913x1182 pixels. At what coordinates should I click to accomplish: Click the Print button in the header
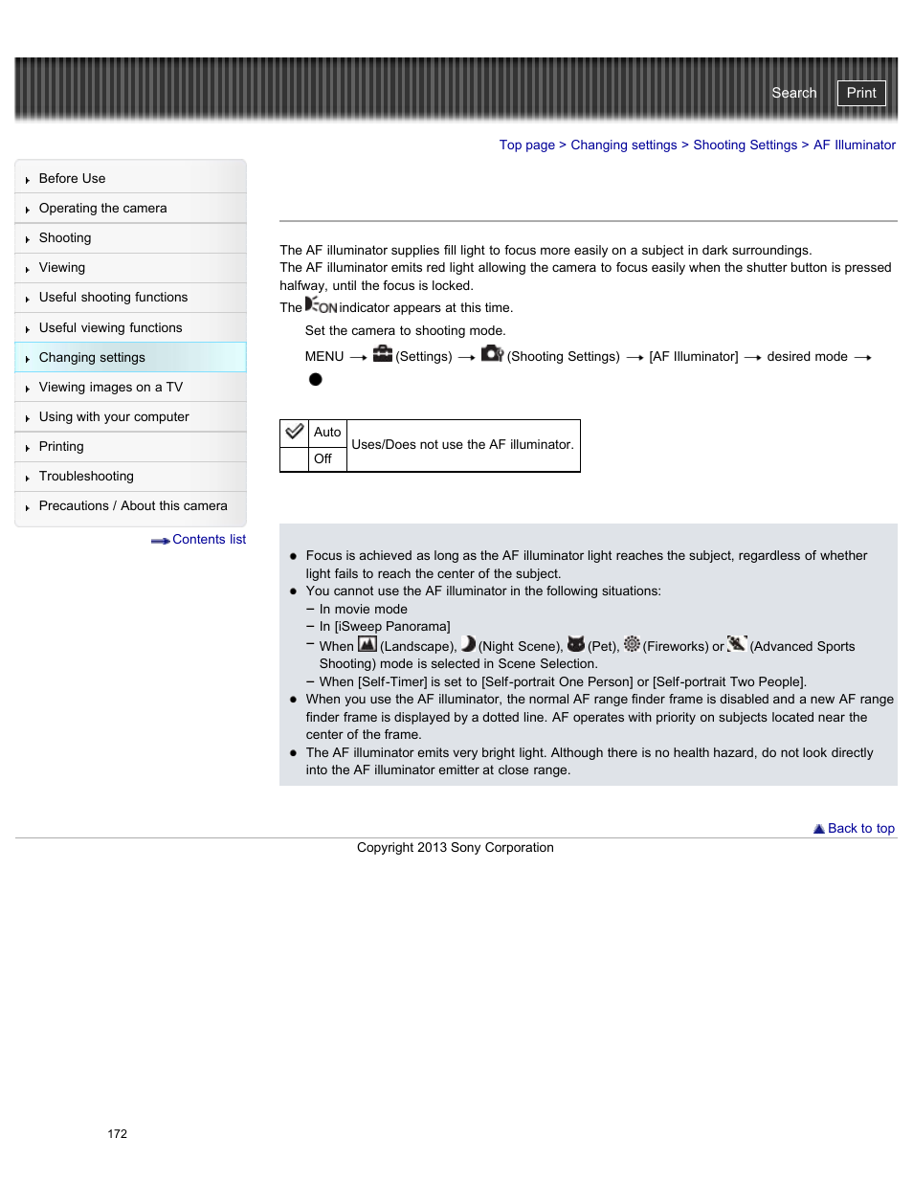pyautogui.click(x=860, y=93)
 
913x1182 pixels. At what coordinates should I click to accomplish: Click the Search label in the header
pyautogui.click(x=793, y=93)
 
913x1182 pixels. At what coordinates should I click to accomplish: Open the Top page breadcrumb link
pyautogui.click(x=526, y=145)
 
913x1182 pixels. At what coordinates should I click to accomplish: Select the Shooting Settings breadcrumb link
pyautogui.click(x=745, y=145)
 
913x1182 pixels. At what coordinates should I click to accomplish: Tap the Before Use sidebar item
pyautogui.click(x=72, y=179)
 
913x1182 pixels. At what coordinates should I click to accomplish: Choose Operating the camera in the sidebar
pyautogui.click(x=102, y=209)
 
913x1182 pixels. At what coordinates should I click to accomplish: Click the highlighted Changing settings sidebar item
pyautogui.click(x=92, y=358)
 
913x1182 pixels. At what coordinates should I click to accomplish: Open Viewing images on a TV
pyautogui.click(x=110, y=388)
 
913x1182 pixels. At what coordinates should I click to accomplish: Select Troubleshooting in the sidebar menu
pyautogui.click(x=86, y=477)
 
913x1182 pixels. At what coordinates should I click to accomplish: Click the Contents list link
pyautogui.click(x=208, y=540)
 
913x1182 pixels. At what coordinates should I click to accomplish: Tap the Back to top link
pyautogui.click(x=859, y=829)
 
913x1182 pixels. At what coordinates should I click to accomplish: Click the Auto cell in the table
pyautogui.click(x=327, y=433)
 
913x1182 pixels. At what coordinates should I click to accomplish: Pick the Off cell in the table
pyautogui.click(x=323, y=459)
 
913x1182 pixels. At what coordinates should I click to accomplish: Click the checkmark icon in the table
pyautogui.click(x=295, y=433)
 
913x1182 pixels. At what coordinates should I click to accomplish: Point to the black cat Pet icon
pyautogui.click(x=575, y=644)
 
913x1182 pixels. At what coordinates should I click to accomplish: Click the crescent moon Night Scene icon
pyautogui.click(x=468, y=644)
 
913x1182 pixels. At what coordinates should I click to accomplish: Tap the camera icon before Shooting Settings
pyautogui.click(x=492, y=354)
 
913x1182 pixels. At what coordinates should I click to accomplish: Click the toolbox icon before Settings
pyautogui.click(x=383, y=354)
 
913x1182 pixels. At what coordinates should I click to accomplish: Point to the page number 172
pyautogui.click(x=118, y=1134)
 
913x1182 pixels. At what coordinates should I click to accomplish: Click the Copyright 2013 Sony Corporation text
pyautogui.click(x=455, y=848)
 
